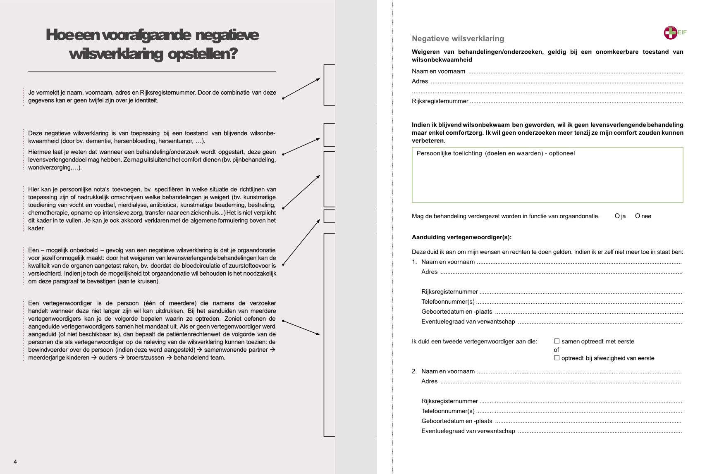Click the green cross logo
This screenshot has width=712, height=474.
coord(670,33)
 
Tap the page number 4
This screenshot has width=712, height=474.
coord(15,462)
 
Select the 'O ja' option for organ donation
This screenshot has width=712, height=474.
coord(617,216)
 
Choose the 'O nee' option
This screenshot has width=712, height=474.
coord(638,216)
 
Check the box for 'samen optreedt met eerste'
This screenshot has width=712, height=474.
coord(557,341)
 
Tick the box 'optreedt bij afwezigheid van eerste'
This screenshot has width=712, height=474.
coord(557,358)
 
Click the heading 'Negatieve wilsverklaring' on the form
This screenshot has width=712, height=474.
coord(458,39)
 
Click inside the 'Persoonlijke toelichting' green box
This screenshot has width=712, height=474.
coord(547,178)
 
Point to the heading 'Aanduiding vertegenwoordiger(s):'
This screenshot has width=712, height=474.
coord(461,237)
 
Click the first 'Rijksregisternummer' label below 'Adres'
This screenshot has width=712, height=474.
coord(440,101)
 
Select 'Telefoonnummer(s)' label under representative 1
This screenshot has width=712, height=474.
coord(448,302)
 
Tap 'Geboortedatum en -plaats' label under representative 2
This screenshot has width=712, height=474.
coord(456,421)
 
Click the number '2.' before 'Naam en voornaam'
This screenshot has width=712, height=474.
coord(414,372)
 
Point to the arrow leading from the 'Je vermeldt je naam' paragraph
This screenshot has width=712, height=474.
coord(301,88)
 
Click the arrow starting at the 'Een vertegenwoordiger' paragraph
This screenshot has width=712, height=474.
coord(301,327)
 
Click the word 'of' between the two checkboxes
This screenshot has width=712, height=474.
coord(557,350)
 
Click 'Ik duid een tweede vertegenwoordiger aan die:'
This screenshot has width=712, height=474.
coord(474,341)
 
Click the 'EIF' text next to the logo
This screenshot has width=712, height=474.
coord(682,32)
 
